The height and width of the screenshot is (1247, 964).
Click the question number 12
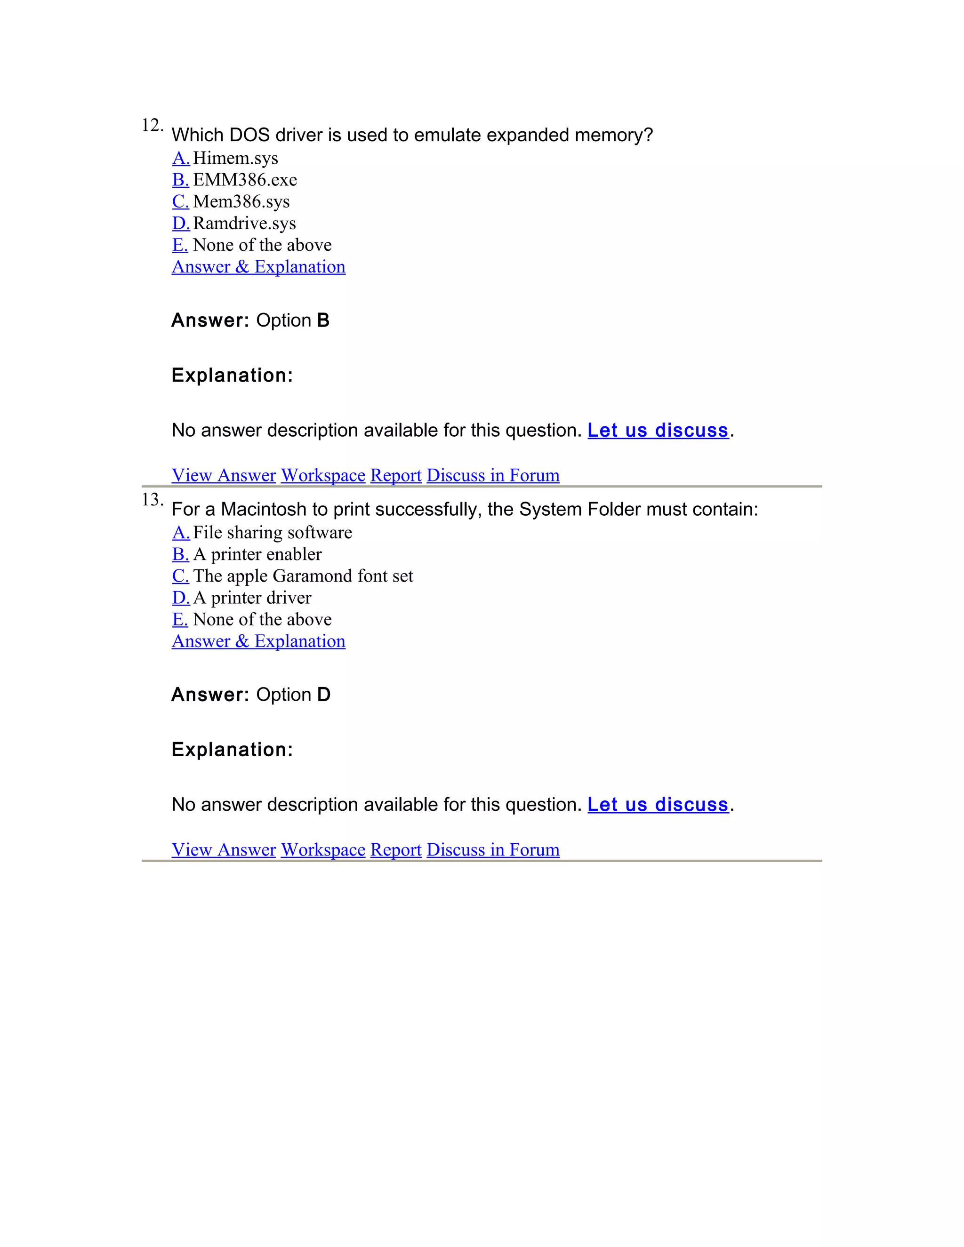click(x=152, y=125)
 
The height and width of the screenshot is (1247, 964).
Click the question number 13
click(x=152, y=500)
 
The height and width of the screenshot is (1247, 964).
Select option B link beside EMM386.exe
click(x=180, y=180)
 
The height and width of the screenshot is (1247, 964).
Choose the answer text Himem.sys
click(x=235, y=158)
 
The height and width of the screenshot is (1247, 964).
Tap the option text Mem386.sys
click(x=241, y=201)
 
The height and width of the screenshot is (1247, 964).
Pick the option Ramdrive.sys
click(x=244, y=223)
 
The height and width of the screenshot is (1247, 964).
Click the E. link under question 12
click(x=180, y=245)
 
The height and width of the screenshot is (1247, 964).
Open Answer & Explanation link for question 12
click(x=258, y=267)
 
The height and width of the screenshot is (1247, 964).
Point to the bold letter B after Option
click(x=323, y=320)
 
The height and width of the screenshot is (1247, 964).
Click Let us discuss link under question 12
click(x=658, y=430)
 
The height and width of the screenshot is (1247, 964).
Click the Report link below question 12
click(x=396, y=475)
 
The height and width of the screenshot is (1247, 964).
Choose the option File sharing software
click(x=273, y=533)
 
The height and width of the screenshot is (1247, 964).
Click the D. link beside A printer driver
click(x=180, y=598)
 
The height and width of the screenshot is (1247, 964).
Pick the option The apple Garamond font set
click(x=303, y=576)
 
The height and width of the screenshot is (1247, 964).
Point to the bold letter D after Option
click(x=324, y=695)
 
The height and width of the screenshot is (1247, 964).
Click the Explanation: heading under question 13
click(x=232, y=750)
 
